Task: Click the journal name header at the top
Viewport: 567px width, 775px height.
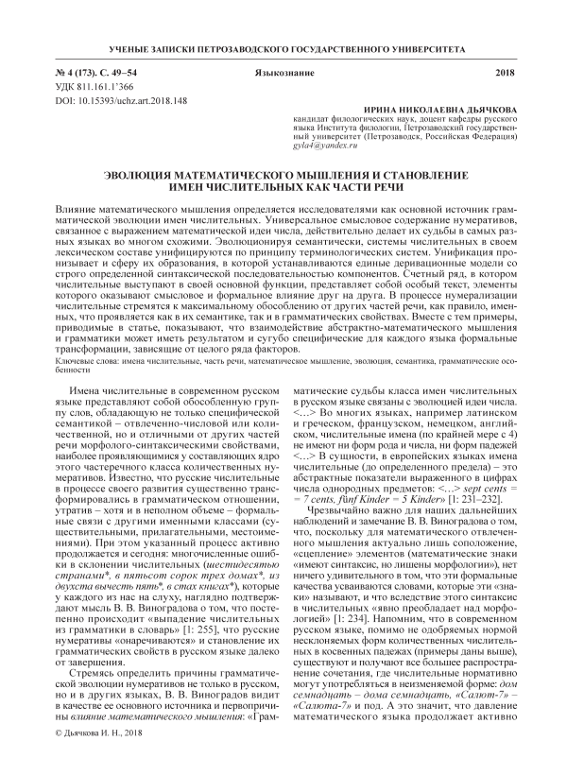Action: tap(283, 47)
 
